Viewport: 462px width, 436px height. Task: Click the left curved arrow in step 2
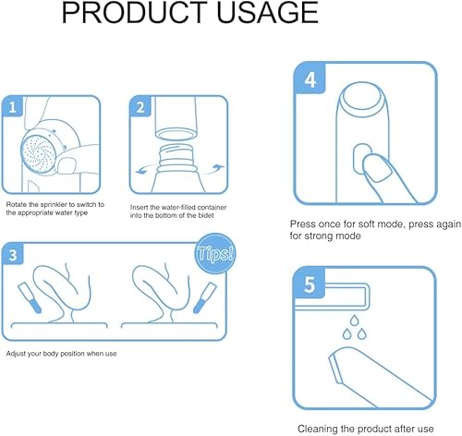pos(144,170)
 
